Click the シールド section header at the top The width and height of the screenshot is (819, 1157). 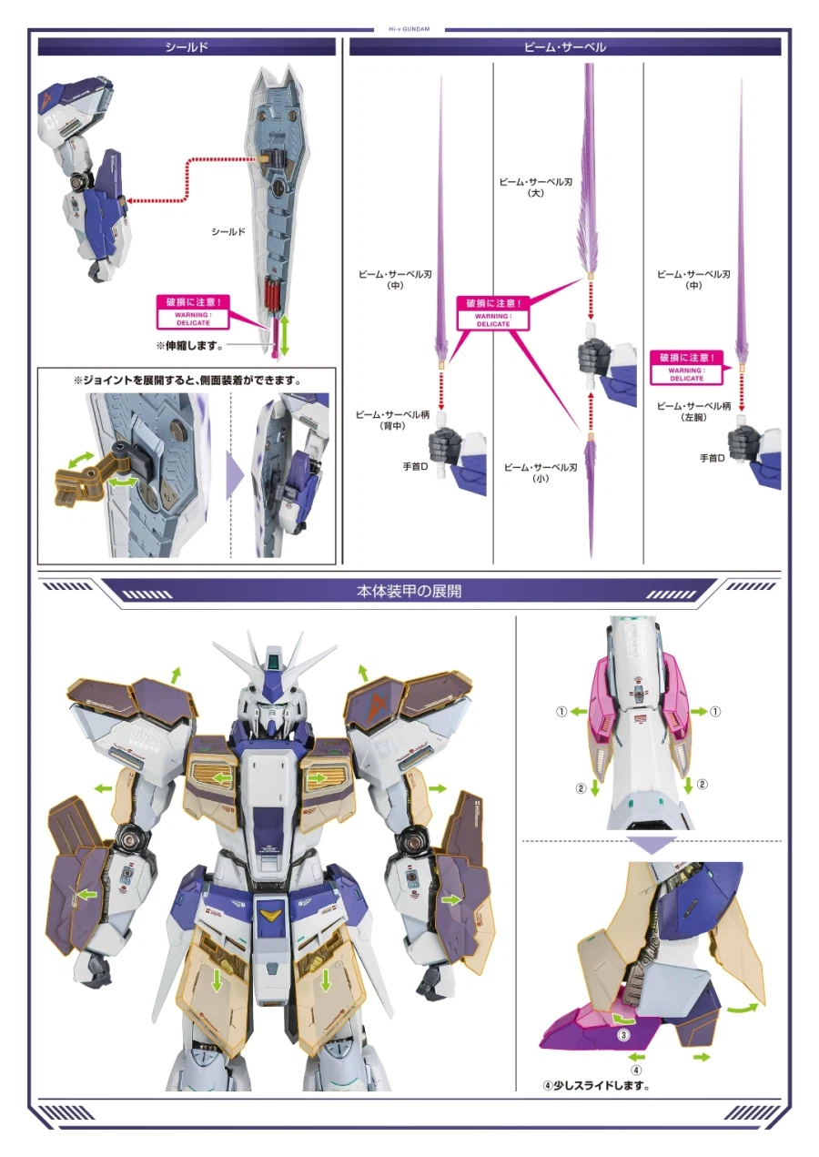pos(186,46)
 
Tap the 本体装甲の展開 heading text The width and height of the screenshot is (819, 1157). pos(409,591)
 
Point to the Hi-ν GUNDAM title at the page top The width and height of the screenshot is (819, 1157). pos(409,29)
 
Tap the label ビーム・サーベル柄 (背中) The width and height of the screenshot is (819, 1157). pos(386,420)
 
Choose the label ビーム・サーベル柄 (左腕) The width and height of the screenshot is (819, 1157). pos(694,411)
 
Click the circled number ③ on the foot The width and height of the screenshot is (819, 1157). pos(623,1034)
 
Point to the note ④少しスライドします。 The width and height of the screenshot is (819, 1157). pos(596,1085)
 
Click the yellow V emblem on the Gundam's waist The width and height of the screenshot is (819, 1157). pos(270,914)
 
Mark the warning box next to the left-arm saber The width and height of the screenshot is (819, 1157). pos(688,368)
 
